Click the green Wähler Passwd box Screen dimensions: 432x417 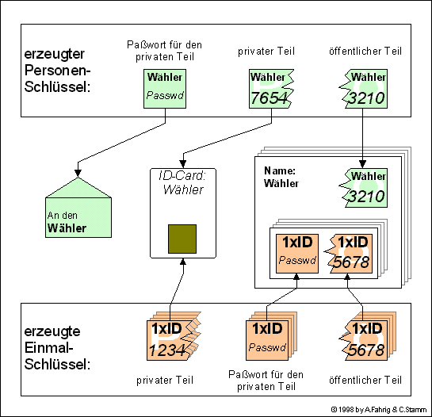coord(165,89)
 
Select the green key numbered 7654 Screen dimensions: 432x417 coord(271,89)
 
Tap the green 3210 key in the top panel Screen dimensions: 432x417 coord(363,89)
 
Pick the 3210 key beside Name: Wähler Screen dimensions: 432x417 coord(363,188)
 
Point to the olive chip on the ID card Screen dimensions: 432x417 coord(182,239)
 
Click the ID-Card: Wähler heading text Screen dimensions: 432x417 coord(182,182)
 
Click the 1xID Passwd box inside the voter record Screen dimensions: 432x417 coord(297,254)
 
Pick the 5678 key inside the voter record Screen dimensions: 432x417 coord(349,254)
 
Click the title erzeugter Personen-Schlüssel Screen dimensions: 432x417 coord(57,71)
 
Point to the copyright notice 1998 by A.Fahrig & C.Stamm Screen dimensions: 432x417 coord(379,410)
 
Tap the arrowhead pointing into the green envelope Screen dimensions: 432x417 coord(78,173)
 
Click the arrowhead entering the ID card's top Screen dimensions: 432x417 coord(183,164)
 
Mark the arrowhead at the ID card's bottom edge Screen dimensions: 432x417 coord(183,262)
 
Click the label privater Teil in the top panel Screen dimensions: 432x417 coord(266,52)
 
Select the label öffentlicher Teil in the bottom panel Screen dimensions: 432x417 coord(365,381)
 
